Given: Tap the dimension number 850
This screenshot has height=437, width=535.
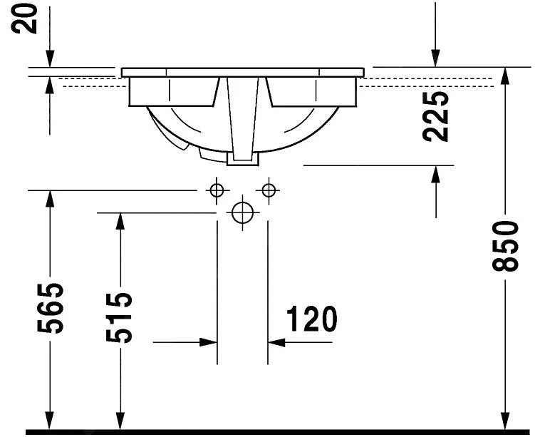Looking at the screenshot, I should (505, 245).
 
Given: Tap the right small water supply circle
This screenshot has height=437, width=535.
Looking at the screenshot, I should (269, 190).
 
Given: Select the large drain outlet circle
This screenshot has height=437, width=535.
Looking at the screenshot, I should (243, 212).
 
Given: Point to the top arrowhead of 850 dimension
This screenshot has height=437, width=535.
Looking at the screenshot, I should (505, 76).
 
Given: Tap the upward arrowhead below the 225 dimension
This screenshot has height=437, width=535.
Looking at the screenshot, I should (435, 174).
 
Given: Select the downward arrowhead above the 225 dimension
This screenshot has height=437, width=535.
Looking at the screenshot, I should (435, 58).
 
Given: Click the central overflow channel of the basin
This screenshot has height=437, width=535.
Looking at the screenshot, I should (242, 118).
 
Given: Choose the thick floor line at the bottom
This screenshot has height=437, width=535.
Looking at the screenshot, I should (278, 432).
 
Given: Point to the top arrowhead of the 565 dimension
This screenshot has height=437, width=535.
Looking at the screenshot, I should (50, 200).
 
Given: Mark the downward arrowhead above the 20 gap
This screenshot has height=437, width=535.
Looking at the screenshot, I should (50, 58).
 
